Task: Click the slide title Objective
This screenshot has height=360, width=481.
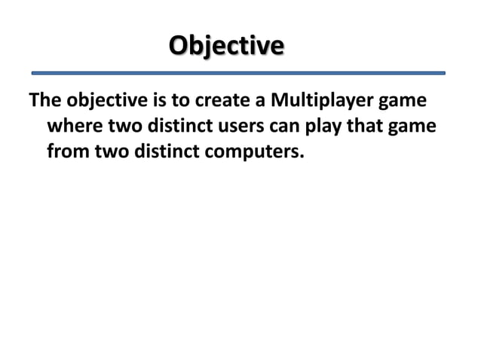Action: point(226,44)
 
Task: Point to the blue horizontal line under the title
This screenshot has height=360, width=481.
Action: point(239,73)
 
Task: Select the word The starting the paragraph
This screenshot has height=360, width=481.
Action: point(45,102)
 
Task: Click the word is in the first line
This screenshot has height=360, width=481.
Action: point(160,102)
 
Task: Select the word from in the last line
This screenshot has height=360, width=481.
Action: point(68,153)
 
